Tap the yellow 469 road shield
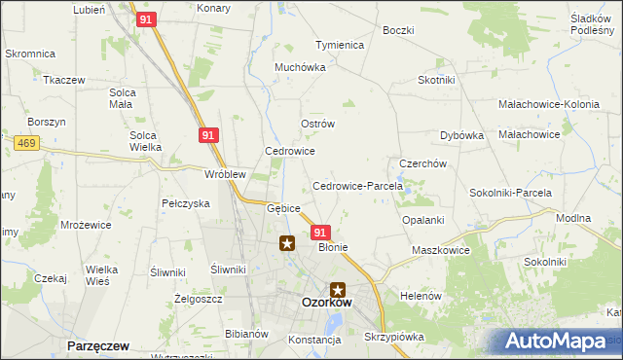pyautogui.click(x=26, y=144)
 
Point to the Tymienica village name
pyautogui.click(x=339, y=46)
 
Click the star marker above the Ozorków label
pyautogui.click(x=338, y=289)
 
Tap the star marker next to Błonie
pyautogui.click(x=287, y=243)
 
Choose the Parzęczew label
pyautogui.click(x=99, y=345)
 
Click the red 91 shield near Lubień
pyautogui.click(x=145, y=19)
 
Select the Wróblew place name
pyautogui.click(x=224, y=174)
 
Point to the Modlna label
pyautogui.click(x=572, y=218)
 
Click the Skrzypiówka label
pyautogui.click(x=395, y=337)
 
